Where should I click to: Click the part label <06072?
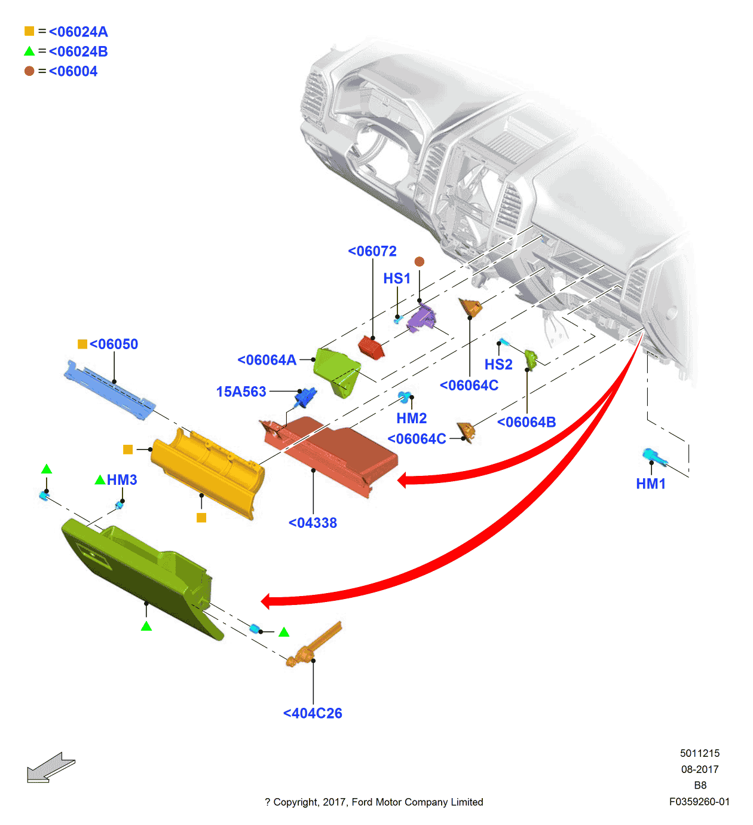coord(372,252)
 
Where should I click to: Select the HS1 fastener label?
coord(397,279)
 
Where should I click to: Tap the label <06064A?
coord(267,360)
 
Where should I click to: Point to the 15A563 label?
coord(241,392)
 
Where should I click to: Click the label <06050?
coord(114,344)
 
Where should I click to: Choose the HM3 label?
coord(122,480)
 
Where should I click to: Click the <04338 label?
coord(313,523)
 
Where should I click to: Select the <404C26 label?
coord(313,713)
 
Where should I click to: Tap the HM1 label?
coord(651,484)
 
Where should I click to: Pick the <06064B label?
coord(527,422)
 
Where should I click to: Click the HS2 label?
coord(498,365)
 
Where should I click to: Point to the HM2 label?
coord(412,418)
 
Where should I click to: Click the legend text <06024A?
coord(78,32)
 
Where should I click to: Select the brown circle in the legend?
coord(29,71)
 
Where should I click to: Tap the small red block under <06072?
coord(371,347)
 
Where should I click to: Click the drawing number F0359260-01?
coord(699,802)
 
